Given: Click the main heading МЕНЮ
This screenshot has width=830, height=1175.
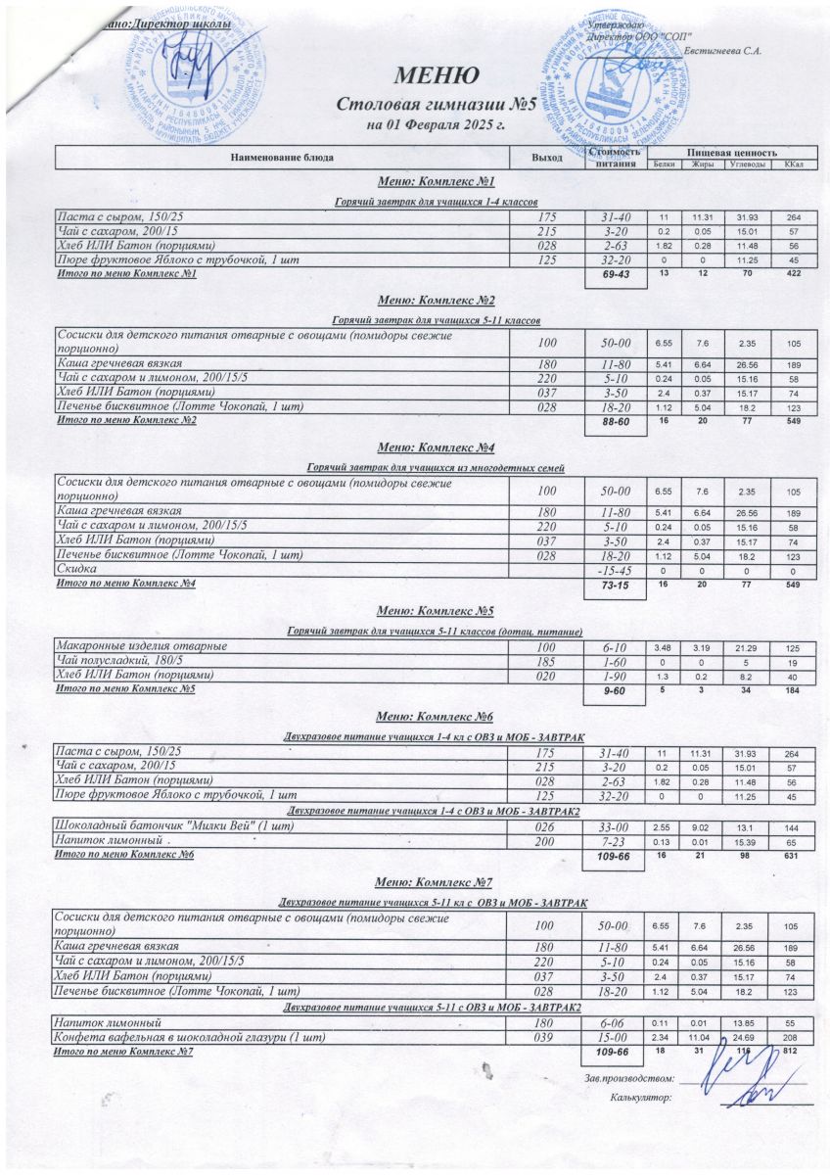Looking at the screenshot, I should click(438, 75).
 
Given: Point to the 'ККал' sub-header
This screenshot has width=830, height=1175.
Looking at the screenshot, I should click(794, 164).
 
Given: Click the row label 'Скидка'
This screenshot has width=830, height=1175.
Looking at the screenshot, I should click(77, 569).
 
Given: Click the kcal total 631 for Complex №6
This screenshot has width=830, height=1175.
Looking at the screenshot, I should click(793, 857).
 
